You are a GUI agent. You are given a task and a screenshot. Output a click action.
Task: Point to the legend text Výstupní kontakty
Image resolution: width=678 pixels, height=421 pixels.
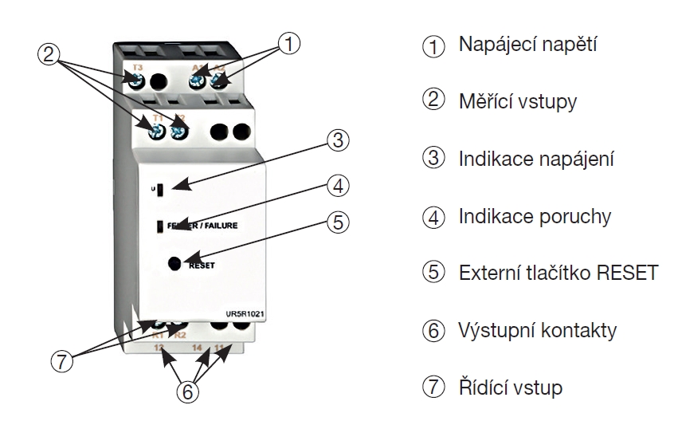(x=538, y=329)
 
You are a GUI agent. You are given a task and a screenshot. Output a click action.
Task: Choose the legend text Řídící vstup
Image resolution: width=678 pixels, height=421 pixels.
(x=511, y=387)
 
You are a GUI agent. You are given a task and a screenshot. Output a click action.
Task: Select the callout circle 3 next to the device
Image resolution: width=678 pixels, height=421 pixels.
(x=339, y=141)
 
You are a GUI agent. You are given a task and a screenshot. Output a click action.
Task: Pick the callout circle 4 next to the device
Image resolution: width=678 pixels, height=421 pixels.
(x=339, y=186)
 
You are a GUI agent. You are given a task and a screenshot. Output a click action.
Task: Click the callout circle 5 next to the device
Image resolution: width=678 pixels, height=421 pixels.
(x=340, y=222)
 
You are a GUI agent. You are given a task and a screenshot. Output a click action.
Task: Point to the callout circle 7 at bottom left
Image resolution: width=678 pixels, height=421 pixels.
(x=61, y=360)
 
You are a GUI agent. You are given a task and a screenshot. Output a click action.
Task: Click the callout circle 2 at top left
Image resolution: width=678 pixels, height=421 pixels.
(x=49, y=53)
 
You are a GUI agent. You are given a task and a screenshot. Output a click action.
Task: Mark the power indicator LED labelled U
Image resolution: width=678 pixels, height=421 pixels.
(x=161, y=190)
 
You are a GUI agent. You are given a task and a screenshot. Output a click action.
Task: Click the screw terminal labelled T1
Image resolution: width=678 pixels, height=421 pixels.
(x=157, y=128)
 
